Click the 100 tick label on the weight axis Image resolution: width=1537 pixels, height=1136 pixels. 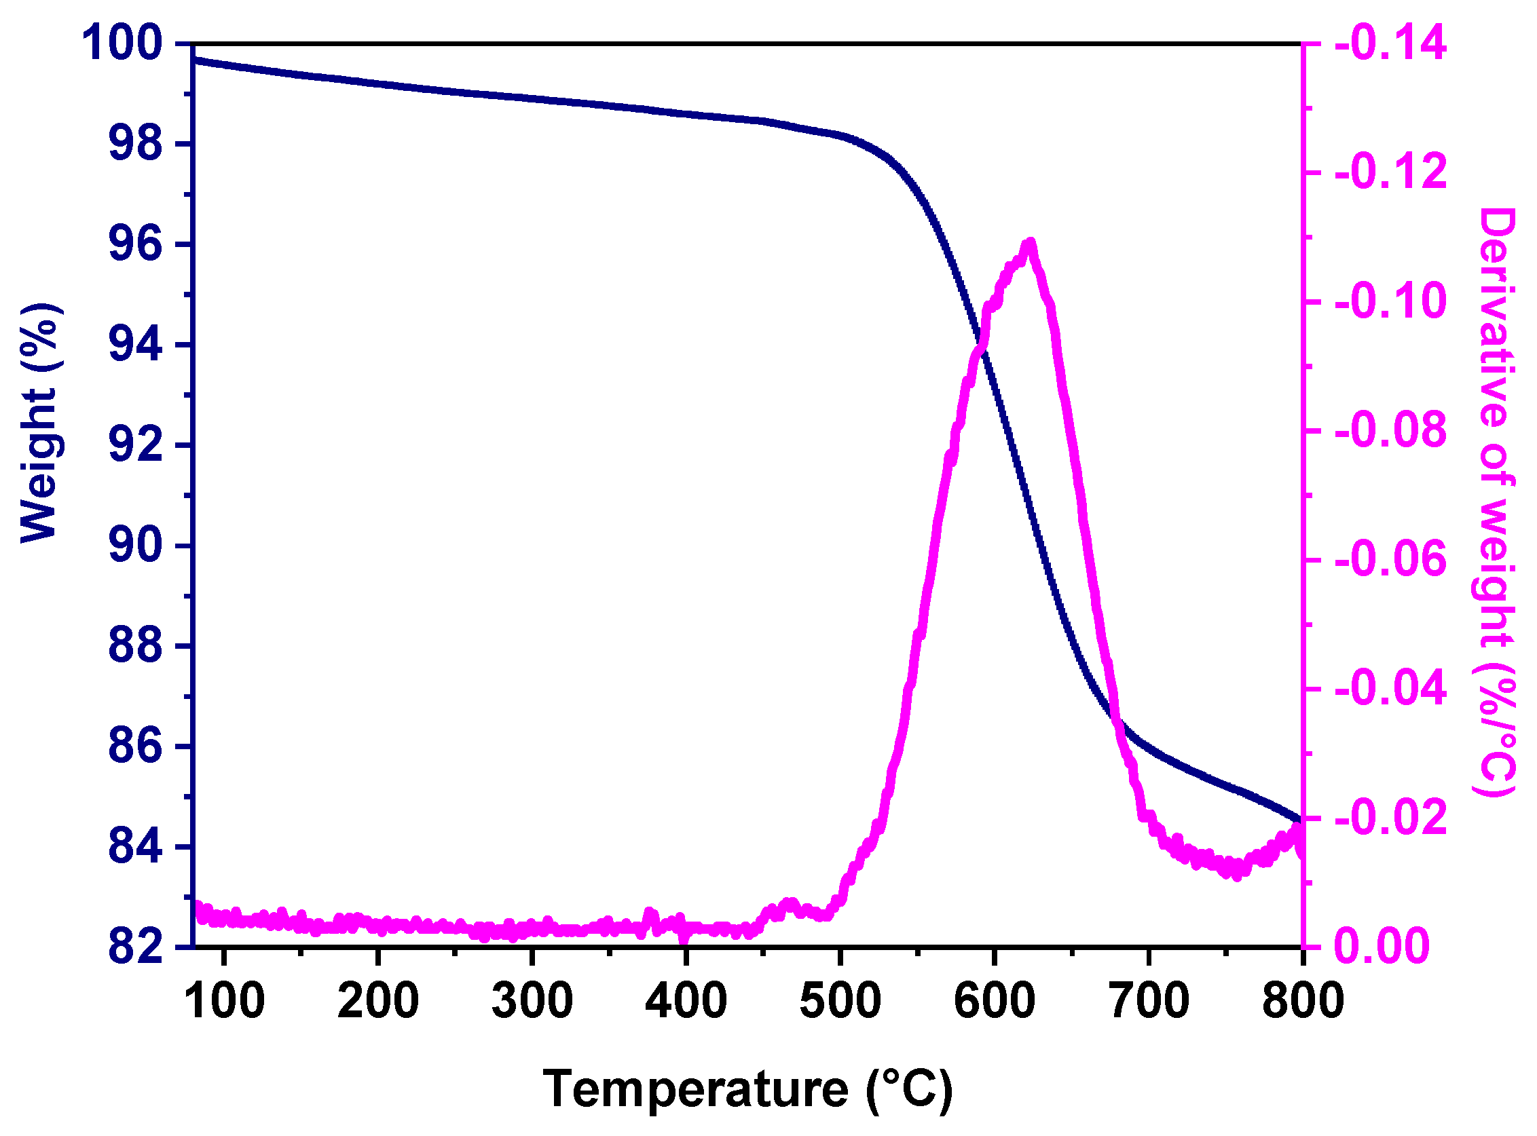tap(122, 43)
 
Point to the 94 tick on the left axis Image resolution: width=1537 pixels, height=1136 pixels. tap(136, 345)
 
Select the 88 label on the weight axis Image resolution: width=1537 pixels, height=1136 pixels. tap(136, 647)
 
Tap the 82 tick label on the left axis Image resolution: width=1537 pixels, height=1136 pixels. tap(136, 947)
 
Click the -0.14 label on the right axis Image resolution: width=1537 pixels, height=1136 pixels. tap(1390, 43)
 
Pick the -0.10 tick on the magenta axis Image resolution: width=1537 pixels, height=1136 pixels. tap(1390, 301)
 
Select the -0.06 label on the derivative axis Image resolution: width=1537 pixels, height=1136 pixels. tap(1390, 560)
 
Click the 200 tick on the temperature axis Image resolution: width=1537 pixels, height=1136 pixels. tap(377, 1002)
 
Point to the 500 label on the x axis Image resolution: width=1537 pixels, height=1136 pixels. tap(840, 1002)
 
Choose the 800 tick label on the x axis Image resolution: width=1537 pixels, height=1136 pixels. tap(1302, 1002)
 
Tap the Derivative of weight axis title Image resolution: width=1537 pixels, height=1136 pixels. tap(1496, 502)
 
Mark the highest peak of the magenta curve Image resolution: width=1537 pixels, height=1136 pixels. tap(1030, 242)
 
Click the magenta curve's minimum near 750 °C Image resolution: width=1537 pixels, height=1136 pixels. tap(1236, 875)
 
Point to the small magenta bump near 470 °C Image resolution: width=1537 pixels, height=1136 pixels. tap(790, 903)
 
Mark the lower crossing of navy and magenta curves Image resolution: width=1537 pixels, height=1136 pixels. tap(1119, 722)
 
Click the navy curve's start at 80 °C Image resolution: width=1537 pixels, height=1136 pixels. tap(196, 60)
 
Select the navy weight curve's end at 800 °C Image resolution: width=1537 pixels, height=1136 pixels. tap(1299, 818)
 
